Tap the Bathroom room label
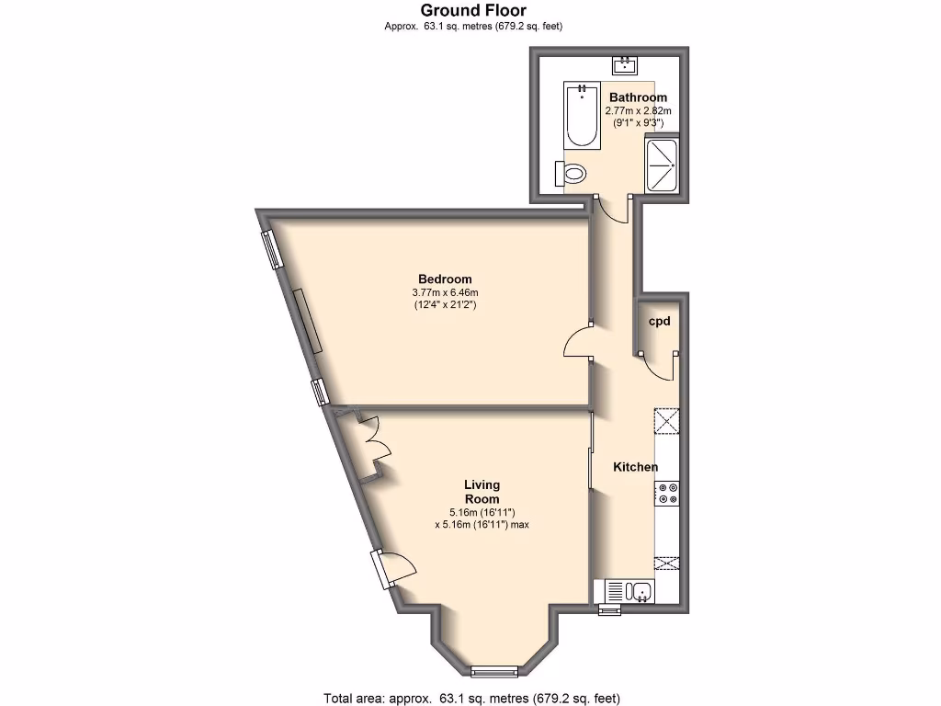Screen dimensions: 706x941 (x=638, y=97)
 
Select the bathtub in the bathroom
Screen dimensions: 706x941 (x=581, y=116)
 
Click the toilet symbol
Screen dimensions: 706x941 (x=571, y=173)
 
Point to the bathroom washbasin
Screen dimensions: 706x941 (x=626, y=64)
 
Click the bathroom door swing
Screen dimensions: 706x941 (x=611, y=210)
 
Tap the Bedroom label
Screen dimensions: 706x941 (x=445, y=279)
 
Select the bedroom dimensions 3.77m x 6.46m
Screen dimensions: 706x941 (x=445, y=292)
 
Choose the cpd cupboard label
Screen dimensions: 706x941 (x=659, y=322)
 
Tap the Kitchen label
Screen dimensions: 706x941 (x=636, y=467)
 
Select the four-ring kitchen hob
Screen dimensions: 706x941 (x=667, y=494)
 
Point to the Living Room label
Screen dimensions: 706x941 (x=482, y=492)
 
